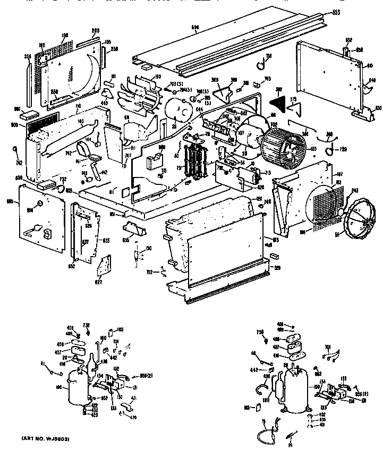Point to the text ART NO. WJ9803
click(46, 438)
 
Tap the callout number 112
click(150, 272)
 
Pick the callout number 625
click(106, 241)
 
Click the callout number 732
click(62, 180)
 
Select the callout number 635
click(126, 240)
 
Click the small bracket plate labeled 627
click(106, 264)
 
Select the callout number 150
click(149, 249)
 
